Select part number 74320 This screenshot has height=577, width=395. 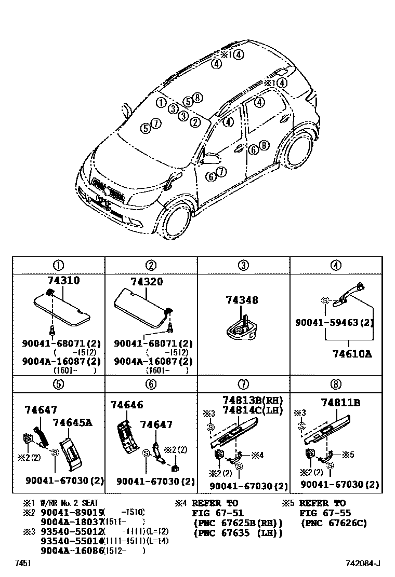click(x=146, y=282)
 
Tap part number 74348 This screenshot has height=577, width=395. click(x=242, y=300)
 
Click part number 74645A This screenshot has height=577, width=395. click(x=72, y=423)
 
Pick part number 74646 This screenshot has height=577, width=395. click(x=126, y=405)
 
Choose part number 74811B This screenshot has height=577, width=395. click(x=340, y=403)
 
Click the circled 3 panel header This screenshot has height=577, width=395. click(x=243, y=266)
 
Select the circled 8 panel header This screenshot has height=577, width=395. click(x=336, y=384)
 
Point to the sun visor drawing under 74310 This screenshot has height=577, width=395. click(x=61, y=309)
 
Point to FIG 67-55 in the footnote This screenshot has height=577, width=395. click(x=325, y=513)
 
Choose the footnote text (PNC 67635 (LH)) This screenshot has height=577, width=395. click(x=238, y=533)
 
